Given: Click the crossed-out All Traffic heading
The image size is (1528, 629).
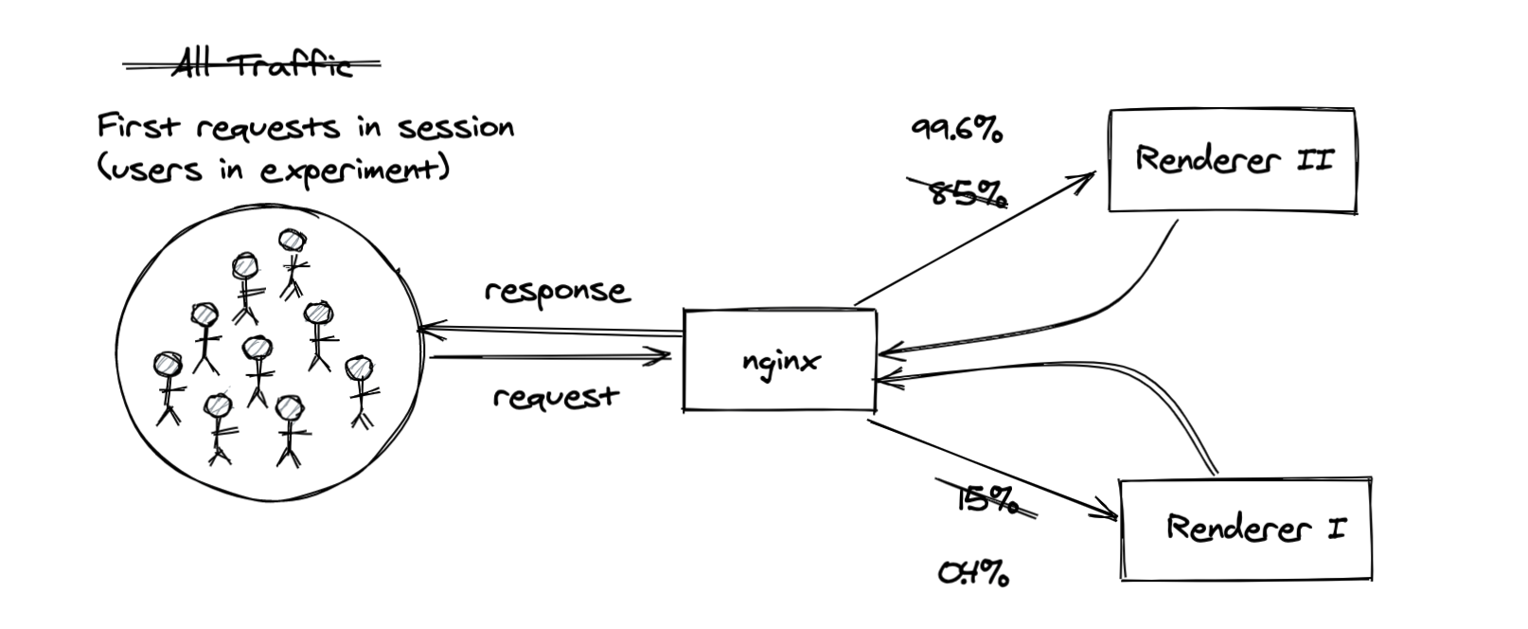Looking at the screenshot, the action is point(252,64).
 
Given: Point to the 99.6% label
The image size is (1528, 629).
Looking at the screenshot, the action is point(957,129).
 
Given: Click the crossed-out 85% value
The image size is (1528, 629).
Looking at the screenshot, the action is point(957,192).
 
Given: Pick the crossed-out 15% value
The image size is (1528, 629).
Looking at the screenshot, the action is point(986,499).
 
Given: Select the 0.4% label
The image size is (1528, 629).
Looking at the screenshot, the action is point(973,573).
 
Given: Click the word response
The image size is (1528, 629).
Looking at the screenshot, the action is point(558,292).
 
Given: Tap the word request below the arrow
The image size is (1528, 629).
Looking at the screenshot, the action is point(556,397).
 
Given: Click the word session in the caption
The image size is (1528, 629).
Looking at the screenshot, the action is point(455,128).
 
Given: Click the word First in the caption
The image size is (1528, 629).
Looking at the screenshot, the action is point(139,126).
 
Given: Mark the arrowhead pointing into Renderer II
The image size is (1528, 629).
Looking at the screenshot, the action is point(1083,179).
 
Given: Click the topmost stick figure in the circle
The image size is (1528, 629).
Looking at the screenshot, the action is point(293,264).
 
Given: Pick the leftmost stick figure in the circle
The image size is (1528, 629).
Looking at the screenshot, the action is point(169,388).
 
